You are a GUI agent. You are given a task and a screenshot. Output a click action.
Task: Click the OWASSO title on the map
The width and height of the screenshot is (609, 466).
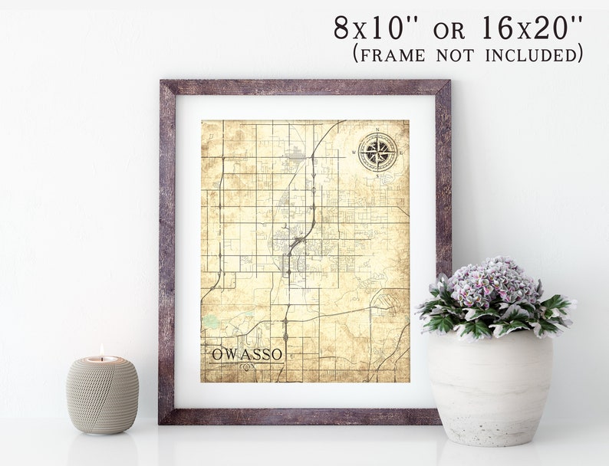pos(246,353)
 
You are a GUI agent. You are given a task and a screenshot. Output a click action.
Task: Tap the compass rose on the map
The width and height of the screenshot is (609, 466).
pos(377,152)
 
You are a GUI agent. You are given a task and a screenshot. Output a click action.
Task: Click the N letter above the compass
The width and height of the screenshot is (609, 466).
pos(377,129)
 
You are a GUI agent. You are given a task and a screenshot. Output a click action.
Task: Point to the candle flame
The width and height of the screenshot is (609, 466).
pos(101,350)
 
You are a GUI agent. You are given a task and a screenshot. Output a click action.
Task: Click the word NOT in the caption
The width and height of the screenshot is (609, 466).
pos(458,54)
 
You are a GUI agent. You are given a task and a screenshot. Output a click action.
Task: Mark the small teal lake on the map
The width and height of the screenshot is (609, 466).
pos(211,323)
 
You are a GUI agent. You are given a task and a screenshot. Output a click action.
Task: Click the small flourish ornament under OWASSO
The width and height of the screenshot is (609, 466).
pos(246,366)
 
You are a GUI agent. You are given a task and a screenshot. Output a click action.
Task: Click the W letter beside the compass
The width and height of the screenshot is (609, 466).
pos(354,152)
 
